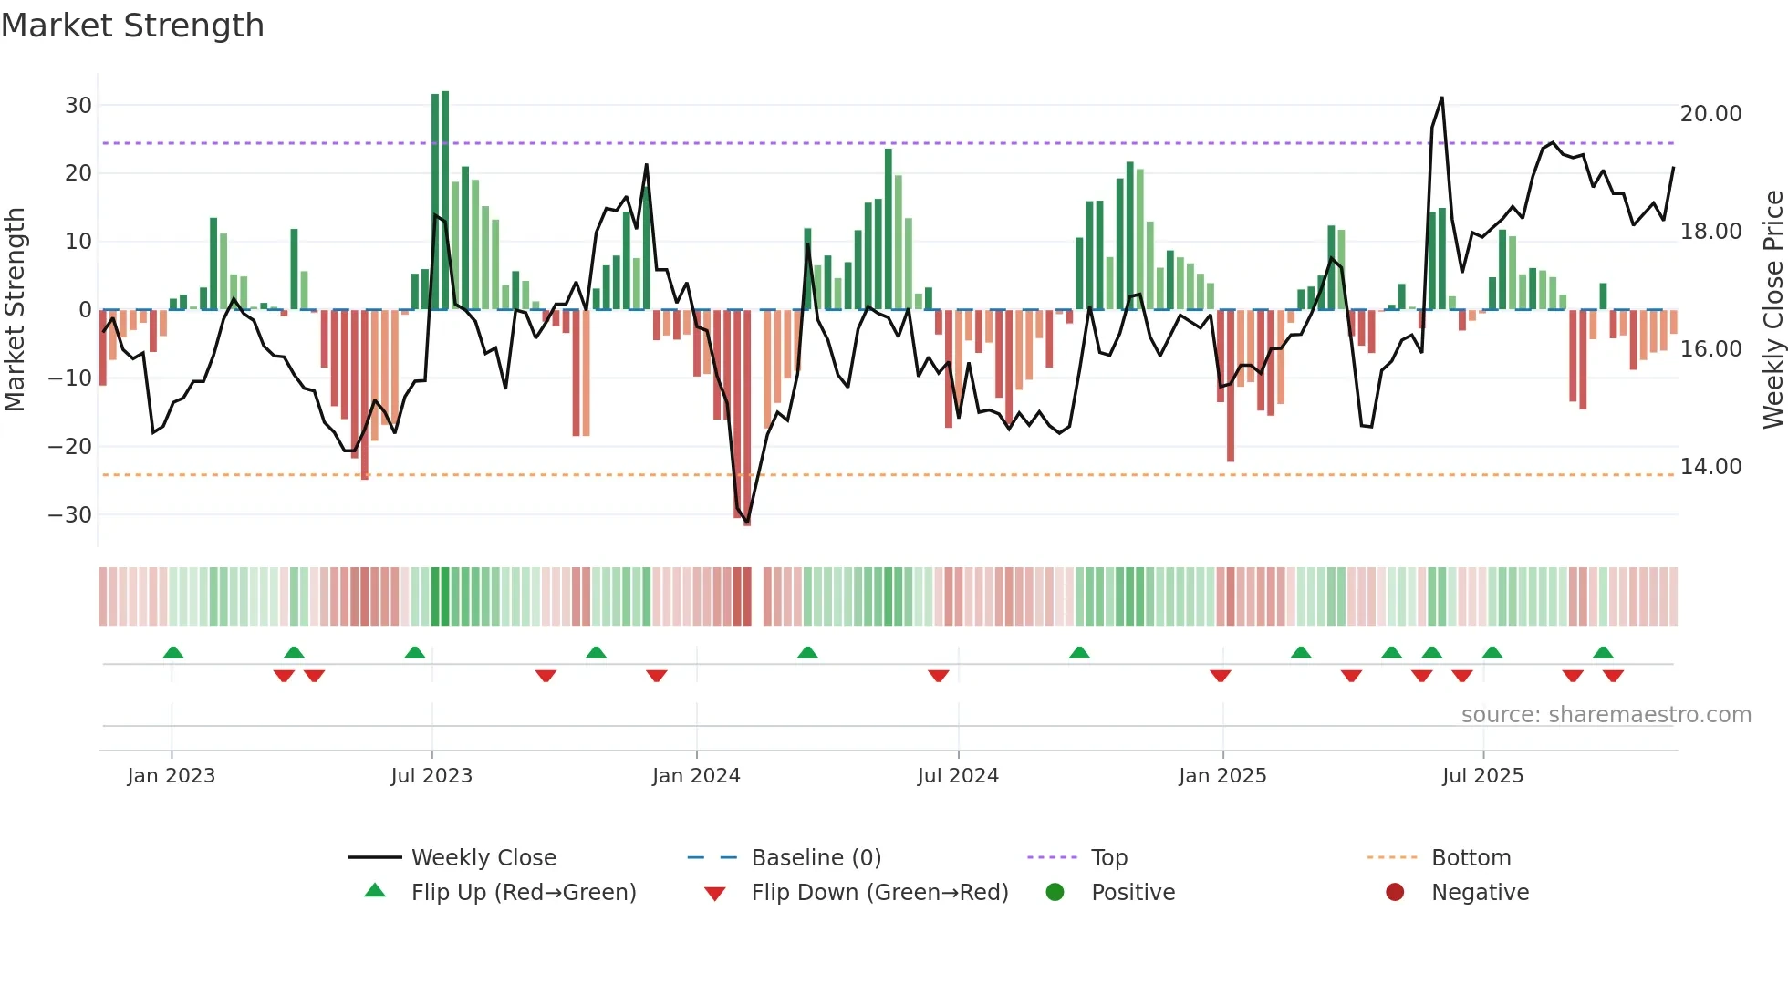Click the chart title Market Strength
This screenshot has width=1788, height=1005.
pos(132,26)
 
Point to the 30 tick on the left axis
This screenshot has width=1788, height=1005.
pos(78,105)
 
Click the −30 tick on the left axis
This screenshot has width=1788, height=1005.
pos(70,514)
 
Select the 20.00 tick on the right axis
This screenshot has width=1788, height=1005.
pos(1710,114)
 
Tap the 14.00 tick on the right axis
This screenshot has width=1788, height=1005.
pos(1710,467)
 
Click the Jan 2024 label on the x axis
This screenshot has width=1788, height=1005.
pos(696,776)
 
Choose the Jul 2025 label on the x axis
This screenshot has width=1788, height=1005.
pos(1482,776)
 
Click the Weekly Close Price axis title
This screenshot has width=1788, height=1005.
pos(1772,310)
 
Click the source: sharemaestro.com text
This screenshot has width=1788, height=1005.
pos(1606,715)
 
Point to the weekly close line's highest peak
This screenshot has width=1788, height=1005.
pos(1441,98)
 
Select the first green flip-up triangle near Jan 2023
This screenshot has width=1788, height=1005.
pos(173,652)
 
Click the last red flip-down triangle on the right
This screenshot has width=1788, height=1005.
pos(1613,676)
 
